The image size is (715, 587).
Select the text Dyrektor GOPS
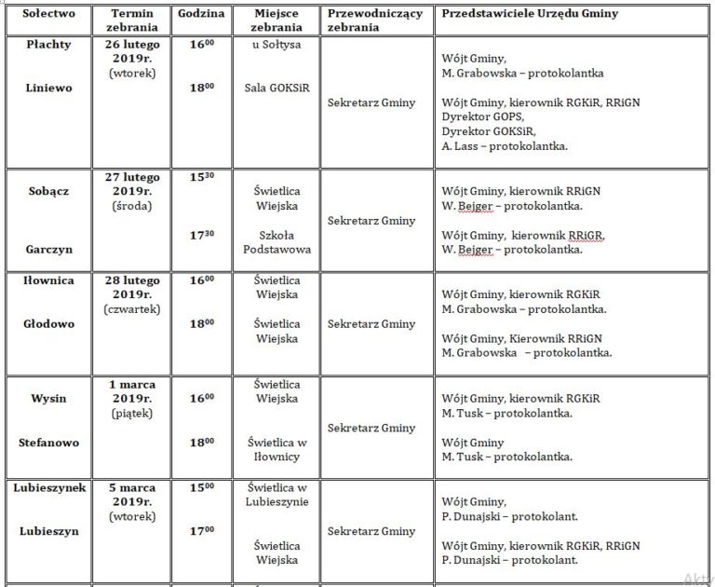click(484, 116)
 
